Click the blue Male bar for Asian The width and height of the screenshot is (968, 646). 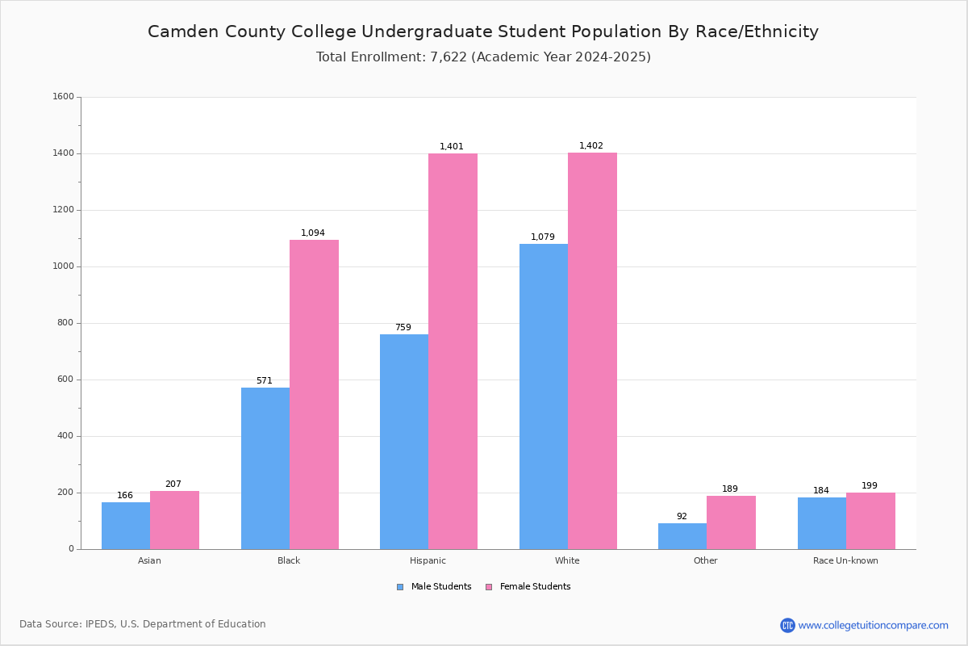pos(126,526)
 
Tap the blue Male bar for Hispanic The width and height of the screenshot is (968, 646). pos(404,442)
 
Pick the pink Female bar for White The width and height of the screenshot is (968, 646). pos(592,350)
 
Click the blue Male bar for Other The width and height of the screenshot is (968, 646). pos(682,536)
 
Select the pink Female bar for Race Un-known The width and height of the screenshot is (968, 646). pos(870,521)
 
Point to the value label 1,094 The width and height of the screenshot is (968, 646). pos(313,233)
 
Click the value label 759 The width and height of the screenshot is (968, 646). pos(403,328)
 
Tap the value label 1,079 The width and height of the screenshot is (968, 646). pos(543,237)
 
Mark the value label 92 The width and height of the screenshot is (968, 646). pos(682,517)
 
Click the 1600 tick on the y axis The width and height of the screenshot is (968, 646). pos(64,97)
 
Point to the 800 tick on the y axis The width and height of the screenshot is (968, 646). pos(66,323)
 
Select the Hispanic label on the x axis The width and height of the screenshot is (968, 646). pos(428,560)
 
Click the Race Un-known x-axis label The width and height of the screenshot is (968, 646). pos(845,560)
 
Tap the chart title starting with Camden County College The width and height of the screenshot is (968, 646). pos(483,31)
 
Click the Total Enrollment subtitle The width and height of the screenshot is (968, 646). pos(483,57)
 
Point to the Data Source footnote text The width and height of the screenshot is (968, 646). pos(143,624)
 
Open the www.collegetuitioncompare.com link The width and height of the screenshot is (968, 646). pos(873,625)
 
